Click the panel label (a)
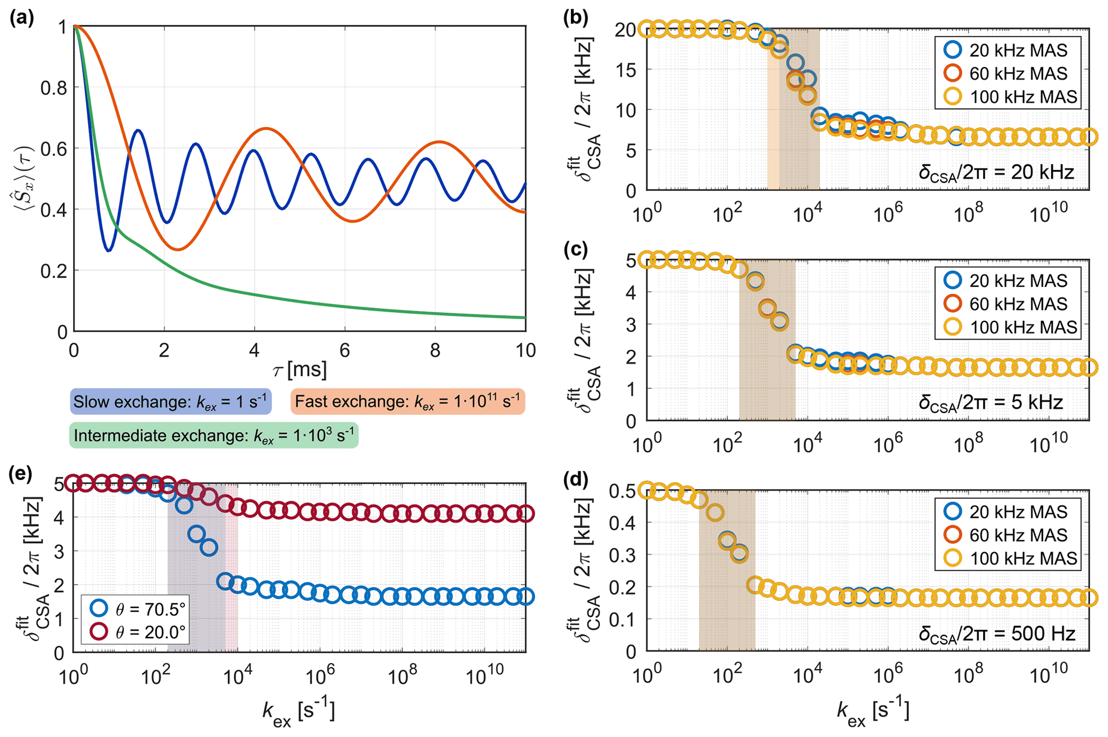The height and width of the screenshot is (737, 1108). point(21,18)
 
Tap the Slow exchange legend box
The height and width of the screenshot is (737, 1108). point(170,402)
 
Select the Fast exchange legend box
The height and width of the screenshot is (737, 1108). point(407,402)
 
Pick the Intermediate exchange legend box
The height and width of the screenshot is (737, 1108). point(213,436)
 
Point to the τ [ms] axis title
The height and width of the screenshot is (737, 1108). point(299,370)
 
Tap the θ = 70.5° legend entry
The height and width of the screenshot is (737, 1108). point(138,609)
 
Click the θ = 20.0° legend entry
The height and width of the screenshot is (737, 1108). point(138,632)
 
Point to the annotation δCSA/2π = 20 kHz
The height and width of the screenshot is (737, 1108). point(996,173)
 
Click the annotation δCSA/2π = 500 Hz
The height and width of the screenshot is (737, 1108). point(997,634)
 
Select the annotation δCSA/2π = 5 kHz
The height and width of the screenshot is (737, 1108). point(991,402)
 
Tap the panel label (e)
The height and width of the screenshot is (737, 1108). point(21,474)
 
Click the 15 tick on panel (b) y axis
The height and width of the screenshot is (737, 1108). point(625,70)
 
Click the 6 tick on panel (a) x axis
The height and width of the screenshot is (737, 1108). point(345,351)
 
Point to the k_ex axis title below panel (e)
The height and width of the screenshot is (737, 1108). point(298,713)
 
